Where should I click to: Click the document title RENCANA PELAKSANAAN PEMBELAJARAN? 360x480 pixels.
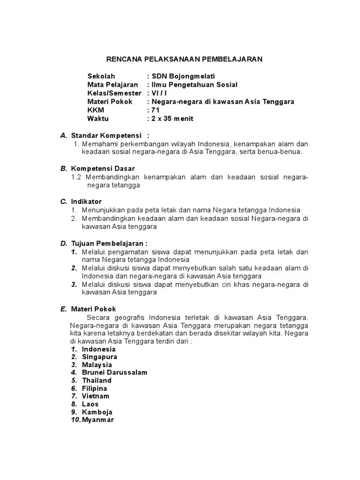(185, 59)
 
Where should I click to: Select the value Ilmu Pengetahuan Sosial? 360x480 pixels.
(194, 84)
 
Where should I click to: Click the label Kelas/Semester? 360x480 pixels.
(114, 93)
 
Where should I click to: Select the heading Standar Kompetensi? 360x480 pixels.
(106, 135)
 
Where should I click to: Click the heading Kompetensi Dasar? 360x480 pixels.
(103, 168)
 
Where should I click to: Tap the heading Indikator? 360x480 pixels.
(86, 201)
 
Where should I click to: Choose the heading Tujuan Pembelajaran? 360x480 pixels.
(109, 243)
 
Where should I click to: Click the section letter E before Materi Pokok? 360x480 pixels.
(63, 309)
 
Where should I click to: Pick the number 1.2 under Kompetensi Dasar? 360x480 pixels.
(76, 177)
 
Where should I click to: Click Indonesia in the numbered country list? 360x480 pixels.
(98, 349)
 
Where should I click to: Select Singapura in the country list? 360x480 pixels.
(99, 357)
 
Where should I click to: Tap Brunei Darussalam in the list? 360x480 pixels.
(114, 373)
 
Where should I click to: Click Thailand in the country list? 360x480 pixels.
(97, 380)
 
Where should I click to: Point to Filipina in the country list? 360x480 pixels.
(94, 388)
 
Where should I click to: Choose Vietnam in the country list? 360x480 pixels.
(95, 396)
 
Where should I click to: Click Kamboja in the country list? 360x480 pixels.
(97, 412)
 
